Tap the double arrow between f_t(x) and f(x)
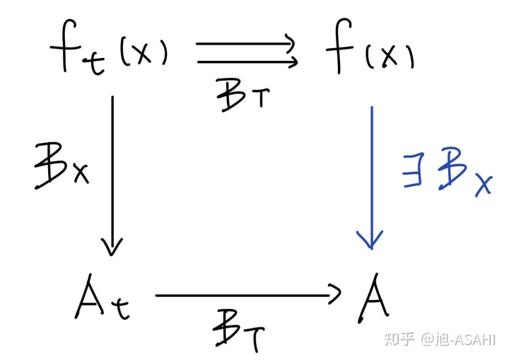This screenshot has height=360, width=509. pyautogui.click(x=246, y=53)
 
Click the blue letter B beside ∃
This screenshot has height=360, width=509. pyautogui.click(x=450, y=170)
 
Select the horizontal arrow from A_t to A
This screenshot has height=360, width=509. pyautogui.click(x=247, y=296)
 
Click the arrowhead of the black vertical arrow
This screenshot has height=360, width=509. pyautogui.click(x=112, y=248)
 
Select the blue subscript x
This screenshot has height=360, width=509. pyautogui.click(x=482, y=184)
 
